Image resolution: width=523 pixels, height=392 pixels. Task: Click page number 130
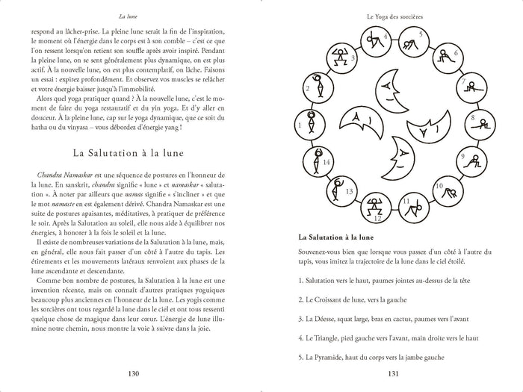[x=133, y=374]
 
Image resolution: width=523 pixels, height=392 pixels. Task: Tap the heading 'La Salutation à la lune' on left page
[x=132, y=152]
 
